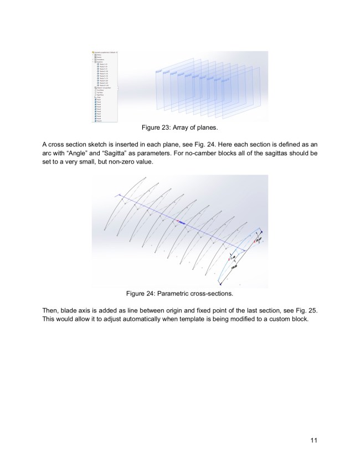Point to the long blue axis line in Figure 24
pos(183,222)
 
